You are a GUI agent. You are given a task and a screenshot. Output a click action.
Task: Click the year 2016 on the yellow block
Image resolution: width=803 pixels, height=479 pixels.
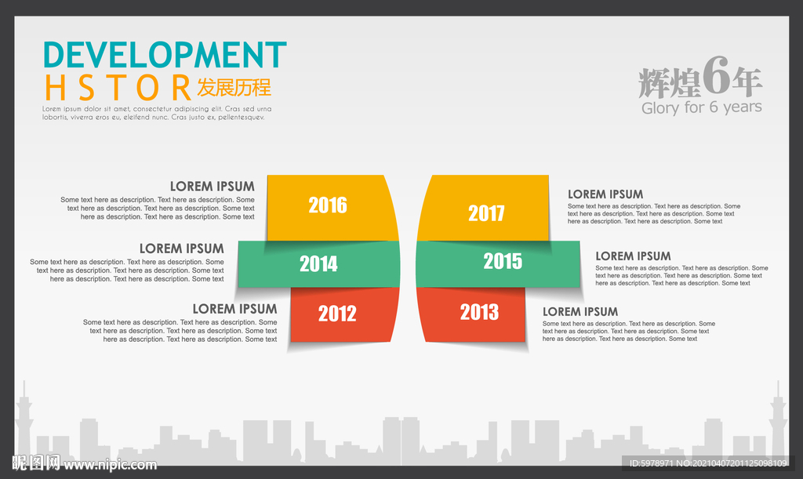tap(328, 205)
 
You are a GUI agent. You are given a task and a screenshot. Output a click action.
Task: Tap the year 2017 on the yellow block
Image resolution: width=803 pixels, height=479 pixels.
tap(486, 213)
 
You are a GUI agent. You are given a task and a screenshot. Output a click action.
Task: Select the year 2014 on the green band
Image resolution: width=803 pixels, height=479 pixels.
tap(318, 264)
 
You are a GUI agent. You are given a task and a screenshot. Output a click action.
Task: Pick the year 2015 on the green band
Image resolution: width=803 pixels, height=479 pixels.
tap(503, 261)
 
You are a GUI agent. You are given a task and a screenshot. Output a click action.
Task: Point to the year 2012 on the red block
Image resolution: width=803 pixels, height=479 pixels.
tap(337, 314)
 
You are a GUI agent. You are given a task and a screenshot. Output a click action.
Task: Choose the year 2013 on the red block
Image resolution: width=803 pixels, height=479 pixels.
tap(479, 312)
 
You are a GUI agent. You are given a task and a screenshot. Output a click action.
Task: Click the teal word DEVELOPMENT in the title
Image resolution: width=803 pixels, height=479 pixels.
tap(165, 55)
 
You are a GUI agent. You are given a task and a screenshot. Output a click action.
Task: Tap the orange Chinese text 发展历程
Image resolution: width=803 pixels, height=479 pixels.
tap(234, 88)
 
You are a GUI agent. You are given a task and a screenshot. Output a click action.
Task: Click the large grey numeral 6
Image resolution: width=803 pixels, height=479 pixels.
tap(717, 75)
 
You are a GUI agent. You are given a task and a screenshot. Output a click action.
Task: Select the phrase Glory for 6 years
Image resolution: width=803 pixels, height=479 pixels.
tap(702, 107)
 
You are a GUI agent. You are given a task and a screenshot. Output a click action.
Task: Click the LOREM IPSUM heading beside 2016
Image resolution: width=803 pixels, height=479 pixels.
tap(212, 187)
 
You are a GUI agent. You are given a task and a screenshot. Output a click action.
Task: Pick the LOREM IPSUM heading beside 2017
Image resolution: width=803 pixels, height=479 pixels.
tap(605, 194)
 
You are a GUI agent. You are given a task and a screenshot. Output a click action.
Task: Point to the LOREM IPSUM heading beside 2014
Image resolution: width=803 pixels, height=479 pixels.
tap(182, 249)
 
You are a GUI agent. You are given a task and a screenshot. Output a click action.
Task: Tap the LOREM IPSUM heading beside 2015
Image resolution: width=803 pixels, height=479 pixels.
tap(633, 256)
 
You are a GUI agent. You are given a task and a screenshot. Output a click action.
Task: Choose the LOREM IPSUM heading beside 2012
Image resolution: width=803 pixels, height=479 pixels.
tap(234, 309)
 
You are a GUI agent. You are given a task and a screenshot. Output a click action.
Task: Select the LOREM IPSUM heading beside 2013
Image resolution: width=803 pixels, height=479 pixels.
tap(580, 312)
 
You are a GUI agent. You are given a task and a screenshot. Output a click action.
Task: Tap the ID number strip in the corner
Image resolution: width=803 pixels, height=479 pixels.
tap(708, 463)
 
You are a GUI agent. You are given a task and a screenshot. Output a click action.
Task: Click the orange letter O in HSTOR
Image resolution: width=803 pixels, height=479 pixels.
tap(148, 88)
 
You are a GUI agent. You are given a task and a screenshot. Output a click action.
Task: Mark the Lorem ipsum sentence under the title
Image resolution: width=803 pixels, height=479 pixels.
tap(157, 113)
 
